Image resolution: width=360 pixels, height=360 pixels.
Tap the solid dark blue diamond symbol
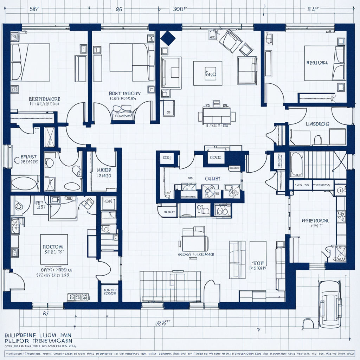tap(168, 38)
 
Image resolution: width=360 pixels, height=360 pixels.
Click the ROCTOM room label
tap(53, 247)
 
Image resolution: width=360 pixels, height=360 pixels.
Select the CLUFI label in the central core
tap(213, 179)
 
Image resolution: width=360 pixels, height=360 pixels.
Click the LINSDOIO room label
tap(317, 124)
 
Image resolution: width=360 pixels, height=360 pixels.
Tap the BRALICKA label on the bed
tap(317, 63)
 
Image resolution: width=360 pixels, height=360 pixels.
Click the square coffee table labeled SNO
tap(208, 73)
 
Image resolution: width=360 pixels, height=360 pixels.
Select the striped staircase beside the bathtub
tap(319, 164)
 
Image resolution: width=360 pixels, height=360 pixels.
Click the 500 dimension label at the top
tap(179, 9)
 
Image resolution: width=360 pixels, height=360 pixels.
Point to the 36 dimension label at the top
tap(119, 9)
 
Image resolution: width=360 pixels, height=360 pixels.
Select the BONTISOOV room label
tap(124, 94)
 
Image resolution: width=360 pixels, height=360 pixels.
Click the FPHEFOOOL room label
tap(315, 221)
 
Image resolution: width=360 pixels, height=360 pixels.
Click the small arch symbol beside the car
tap(308, 323)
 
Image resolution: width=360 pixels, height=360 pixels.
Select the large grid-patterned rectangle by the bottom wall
tap(170, 286)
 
